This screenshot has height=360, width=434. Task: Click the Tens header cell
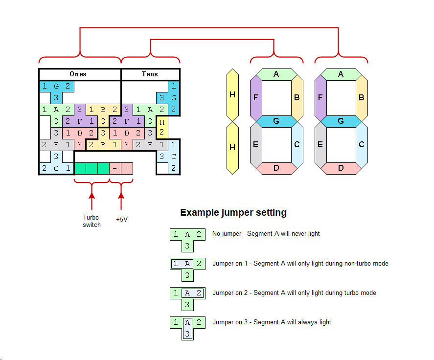[x=150, y=74]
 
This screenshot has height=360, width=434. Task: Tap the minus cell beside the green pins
[x=115, y=168]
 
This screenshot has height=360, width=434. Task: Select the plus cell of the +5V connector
[x=127, y=168]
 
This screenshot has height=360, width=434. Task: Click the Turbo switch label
[x=91, y=221]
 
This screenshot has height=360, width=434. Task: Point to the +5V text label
[x=122, y=219]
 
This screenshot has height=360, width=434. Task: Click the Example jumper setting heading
[x=233, y=213]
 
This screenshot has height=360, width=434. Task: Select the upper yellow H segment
[x=232, y=95]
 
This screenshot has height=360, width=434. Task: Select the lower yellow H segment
[x=232, y=148]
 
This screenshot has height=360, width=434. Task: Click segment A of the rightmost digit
[x=341, y=74]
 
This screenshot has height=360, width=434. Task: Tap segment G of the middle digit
[x=276, y=121]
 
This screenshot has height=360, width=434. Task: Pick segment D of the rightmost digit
[x=341, y=168]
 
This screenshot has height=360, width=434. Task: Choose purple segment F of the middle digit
[x=256, y=97]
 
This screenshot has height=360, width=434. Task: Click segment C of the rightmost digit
[x=361, y=144]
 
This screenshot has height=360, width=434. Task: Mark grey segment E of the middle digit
[x=256, y=144]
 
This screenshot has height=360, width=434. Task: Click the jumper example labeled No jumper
[x=186, y=240]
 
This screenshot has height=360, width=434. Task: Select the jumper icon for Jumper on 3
[x=186, y=328]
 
